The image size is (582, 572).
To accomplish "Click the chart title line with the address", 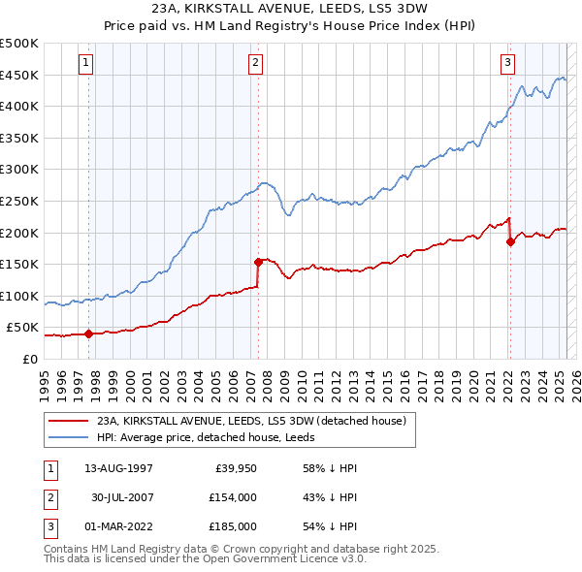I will [290, 10].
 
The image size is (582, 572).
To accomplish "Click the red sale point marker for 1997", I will [88, 334].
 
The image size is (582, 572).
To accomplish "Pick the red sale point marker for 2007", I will [259, 261].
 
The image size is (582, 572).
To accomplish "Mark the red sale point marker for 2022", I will [510, 241].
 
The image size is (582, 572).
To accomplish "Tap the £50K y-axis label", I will [23, 328].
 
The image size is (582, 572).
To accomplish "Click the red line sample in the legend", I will [68, 421].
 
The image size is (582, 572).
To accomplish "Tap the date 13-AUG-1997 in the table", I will [118, 468].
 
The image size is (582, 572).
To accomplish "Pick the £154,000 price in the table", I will [232, 497].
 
